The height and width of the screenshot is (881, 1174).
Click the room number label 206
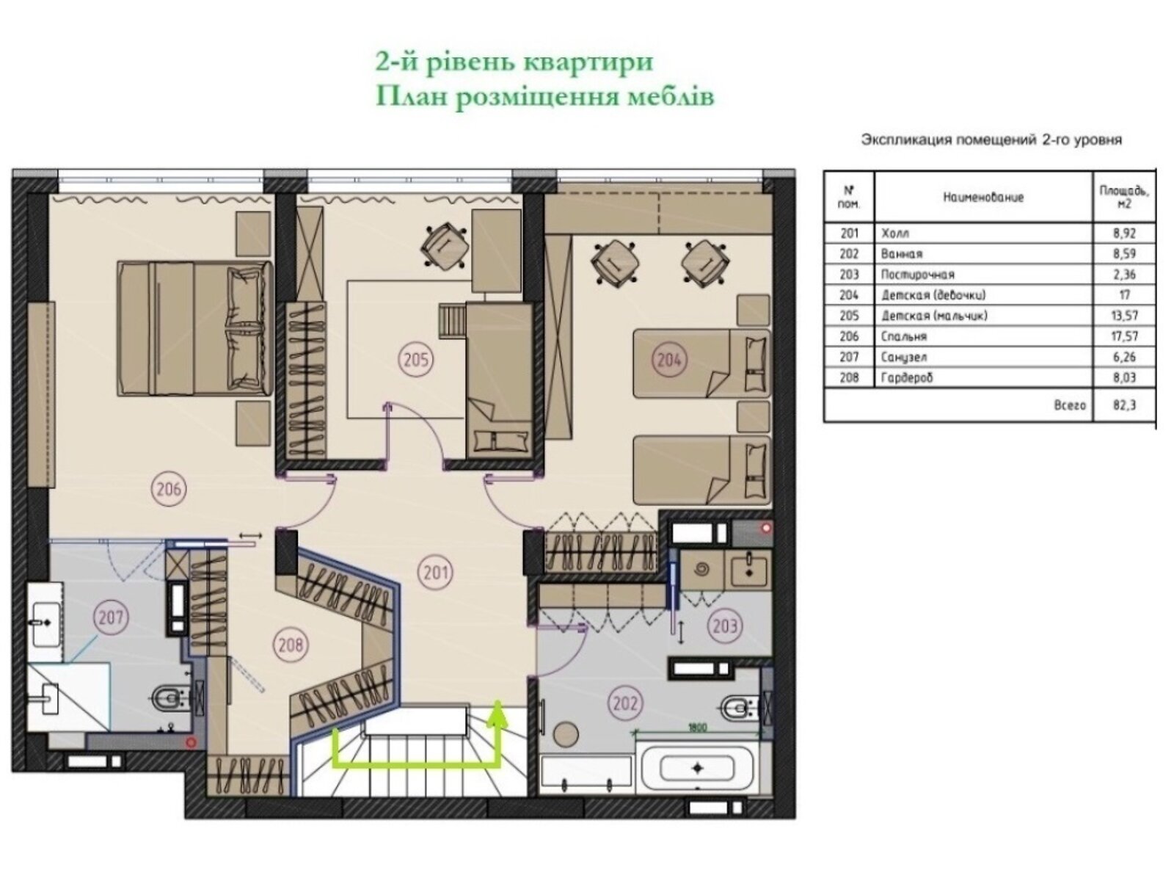(169, 488)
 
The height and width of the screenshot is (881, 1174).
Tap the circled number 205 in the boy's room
(415, 360)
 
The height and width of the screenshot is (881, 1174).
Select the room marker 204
(669, 360)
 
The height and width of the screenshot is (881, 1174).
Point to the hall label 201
(435, 573)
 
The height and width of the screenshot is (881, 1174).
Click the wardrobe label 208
(291, 645)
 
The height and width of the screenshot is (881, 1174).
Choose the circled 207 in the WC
(111, 618)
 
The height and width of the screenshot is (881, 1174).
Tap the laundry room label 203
(725, 626)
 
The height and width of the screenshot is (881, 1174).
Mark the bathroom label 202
(625, 703)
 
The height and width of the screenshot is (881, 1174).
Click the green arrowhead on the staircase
(498, 714)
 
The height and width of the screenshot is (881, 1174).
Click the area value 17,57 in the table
(1124, 336)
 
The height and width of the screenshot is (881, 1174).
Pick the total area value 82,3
(1124, 405)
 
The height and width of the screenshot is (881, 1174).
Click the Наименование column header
(983, 197)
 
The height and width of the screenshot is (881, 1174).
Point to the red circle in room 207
(190, 743)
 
